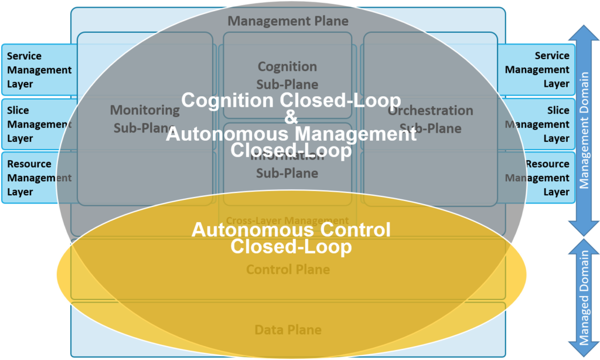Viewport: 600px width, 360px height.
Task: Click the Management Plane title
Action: click(288, 21)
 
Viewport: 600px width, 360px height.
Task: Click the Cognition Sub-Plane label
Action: click(288, 75)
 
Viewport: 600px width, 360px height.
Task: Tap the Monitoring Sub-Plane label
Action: click(144, 119)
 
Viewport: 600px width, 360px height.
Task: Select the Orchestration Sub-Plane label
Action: click(431, 119)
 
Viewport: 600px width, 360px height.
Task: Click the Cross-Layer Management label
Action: click(287, 220)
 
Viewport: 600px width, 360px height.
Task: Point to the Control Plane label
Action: click(288, 270)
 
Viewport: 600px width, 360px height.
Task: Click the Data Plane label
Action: click(288, 330)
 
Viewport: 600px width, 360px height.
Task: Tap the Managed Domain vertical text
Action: click(584, 298)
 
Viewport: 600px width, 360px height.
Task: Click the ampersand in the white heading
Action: click(291, 117)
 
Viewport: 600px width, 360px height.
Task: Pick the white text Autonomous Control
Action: click(291, 229)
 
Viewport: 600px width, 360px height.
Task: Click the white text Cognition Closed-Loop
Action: click(291, 100)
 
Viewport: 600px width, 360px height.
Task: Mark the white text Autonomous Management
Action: click(291, 134)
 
